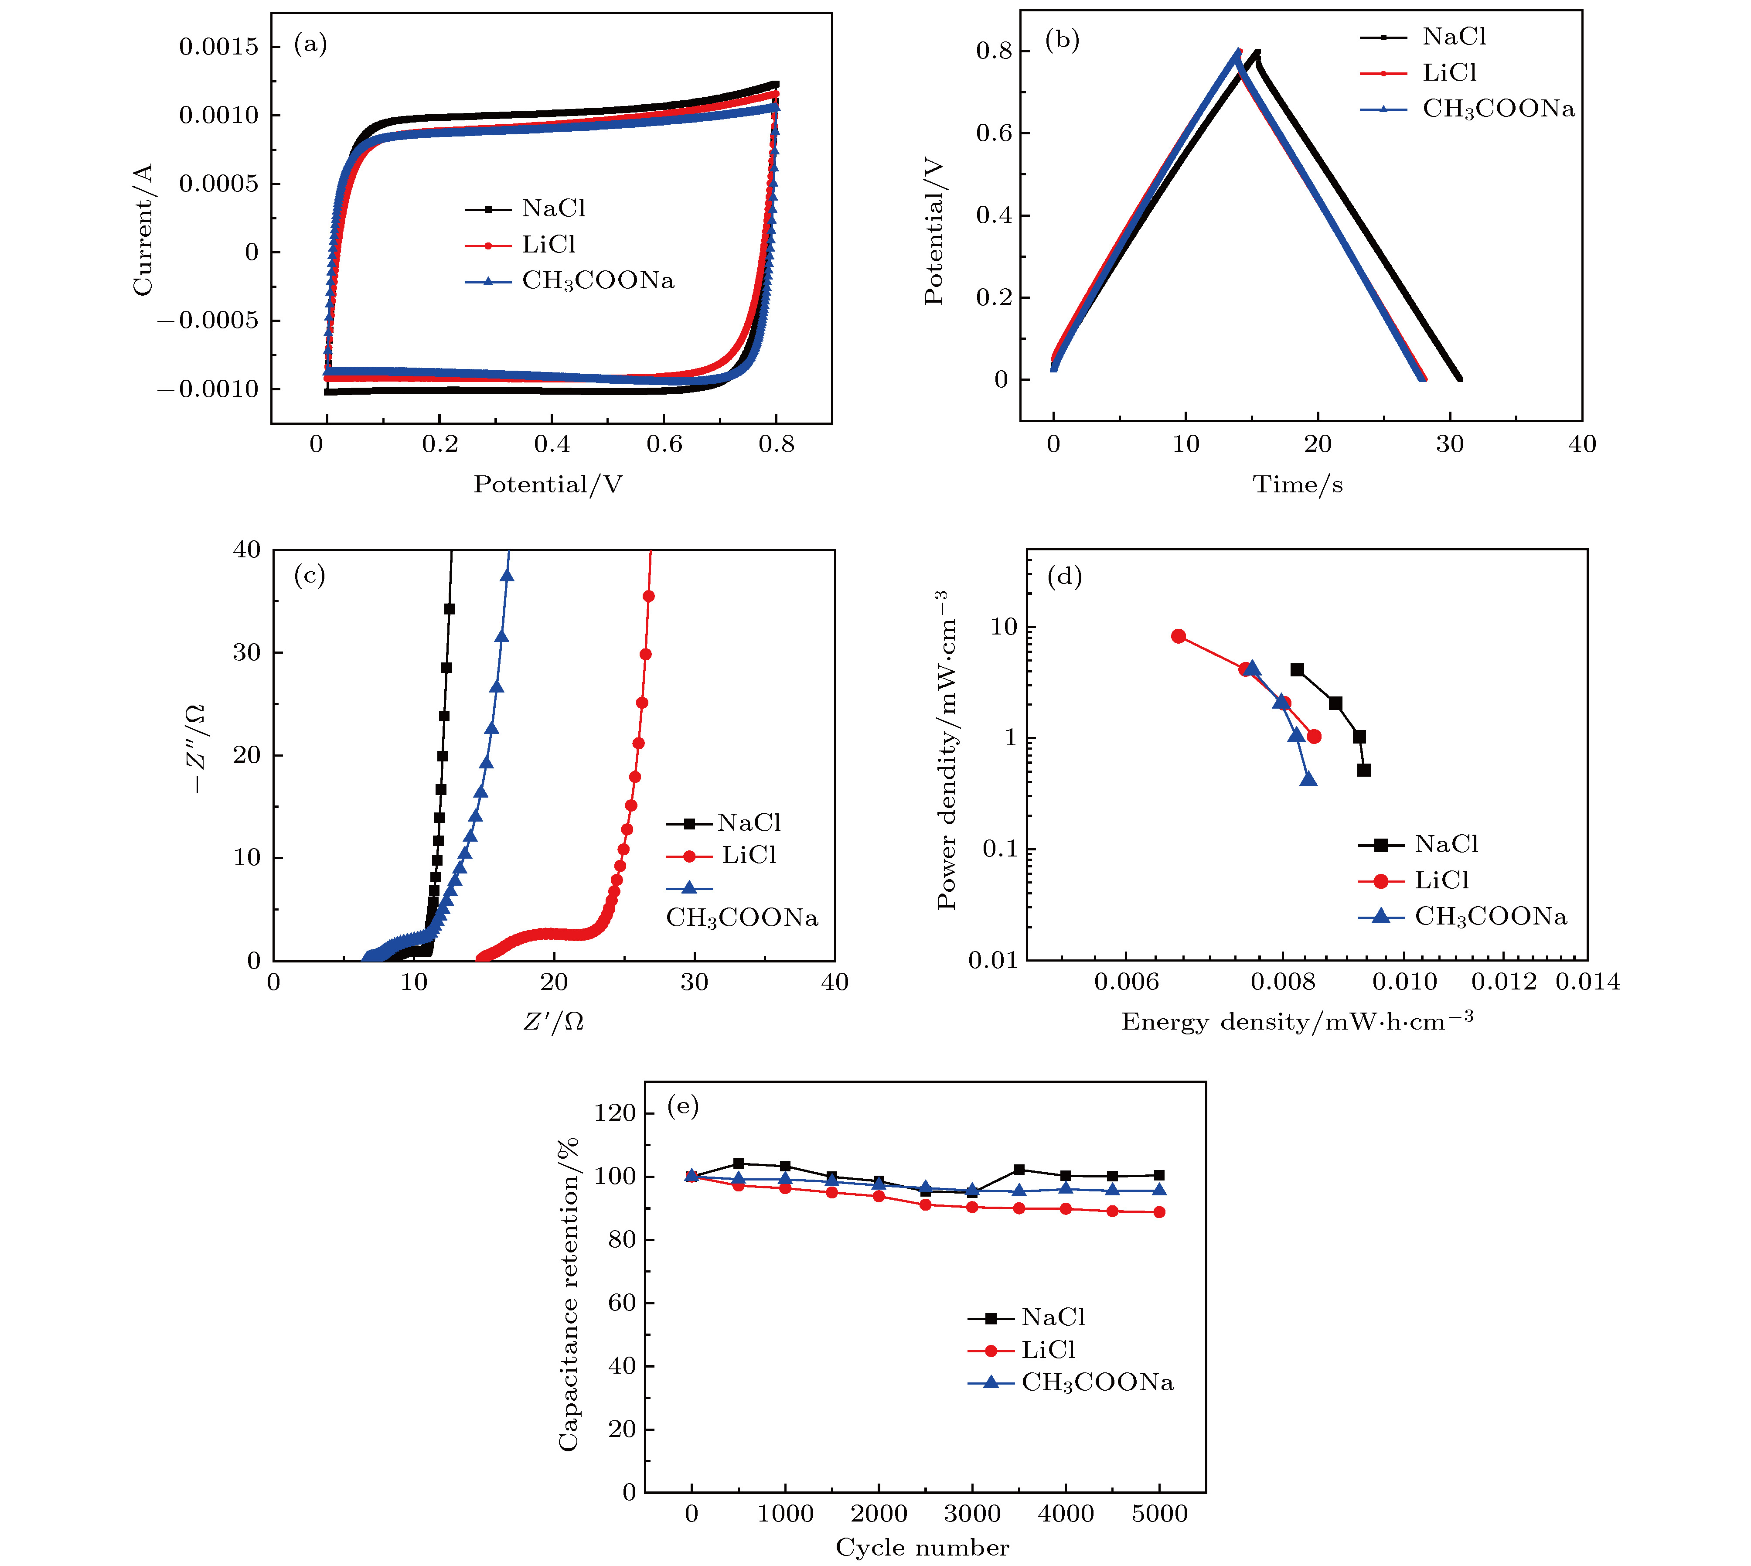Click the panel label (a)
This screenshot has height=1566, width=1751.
tap(310, 43)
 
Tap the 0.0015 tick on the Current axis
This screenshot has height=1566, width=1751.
tap(218, 47)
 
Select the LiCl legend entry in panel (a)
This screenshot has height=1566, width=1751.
tap(548, 245)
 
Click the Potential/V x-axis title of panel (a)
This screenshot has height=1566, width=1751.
tap(548, 484)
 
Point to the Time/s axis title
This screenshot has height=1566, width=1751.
tap(1298, 484)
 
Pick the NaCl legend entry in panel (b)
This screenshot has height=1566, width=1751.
tap(1453, 37)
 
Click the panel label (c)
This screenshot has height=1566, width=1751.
tap(310, 575)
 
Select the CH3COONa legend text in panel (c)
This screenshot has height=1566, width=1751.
tap(742, 918)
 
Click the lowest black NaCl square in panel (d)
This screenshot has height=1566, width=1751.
tap(1364, 770)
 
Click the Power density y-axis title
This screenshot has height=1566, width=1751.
tap(947, 751)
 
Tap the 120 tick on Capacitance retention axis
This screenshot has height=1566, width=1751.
tap(614, 1113)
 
